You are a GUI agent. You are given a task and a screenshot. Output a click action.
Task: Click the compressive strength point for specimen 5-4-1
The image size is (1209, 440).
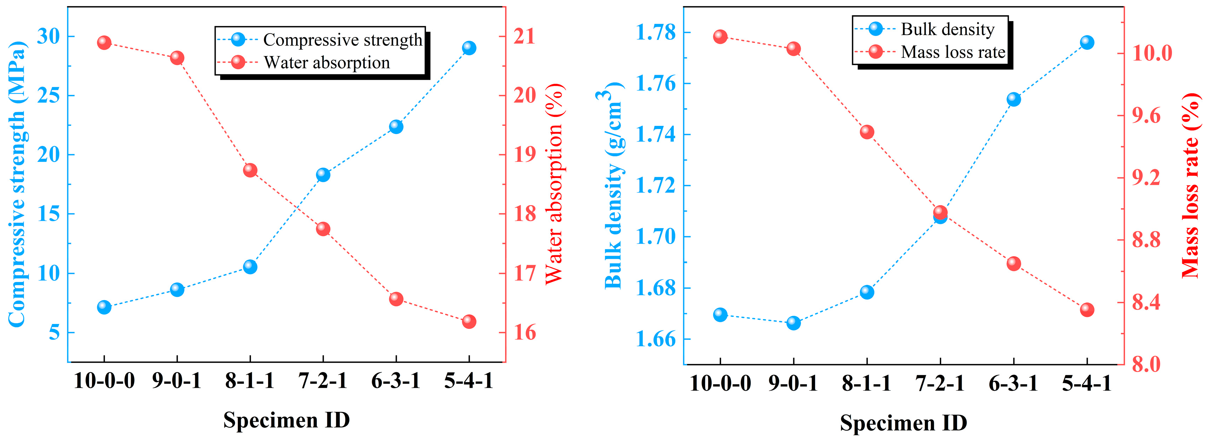tap(469, 48)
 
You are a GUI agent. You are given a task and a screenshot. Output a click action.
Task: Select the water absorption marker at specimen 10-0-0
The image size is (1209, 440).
tap(104, 43)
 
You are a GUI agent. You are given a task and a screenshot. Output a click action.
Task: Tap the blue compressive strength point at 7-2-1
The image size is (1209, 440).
tap(323, 175)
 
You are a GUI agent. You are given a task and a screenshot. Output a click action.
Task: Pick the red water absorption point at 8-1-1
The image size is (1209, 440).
tap(250, 170)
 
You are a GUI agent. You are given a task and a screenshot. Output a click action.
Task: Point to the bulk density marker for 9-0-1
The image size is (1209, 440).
tap(794, 323)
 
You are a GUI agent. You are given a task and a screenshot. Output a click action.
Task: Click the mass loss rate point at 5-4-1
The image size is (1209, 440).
tap(1087, 310)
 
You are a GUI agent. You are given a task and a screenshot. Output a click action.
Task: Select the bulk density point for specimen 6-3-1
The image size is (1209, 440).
tap(1014, 99)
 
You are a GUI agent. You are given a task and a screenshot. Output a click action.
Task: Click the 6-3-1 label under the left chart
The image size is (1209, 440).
tap(396, 380)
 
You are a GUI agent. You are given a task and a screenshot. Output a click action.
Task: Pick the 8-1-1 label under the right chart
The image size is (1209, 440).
tap(866, 383)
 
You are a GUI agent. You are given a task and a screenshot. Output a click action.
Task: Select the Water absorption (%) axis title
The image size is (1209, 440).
tap(554, 183)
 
